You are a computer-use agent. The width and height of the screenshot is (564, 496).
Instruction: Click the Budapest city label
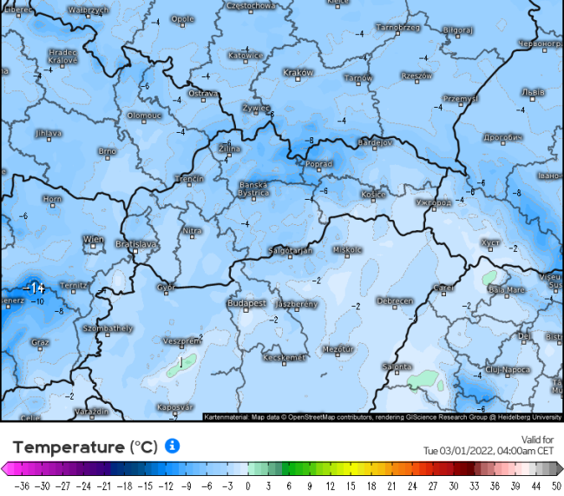click(246, 304)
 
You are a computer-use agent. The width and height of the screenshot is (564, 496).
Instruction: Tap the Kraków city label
click(298, 73)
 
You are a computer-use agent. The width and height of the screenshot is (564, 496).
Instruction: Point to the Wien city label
click(94, 238)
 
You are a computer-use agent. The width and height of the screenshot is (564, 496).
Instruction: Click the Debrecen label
click(395, 301)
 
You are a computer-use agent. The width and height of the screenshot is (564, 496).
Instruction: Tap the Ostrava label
click(203, 93)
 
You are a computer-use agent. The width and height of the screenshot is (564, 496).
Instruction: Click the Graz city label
click(40, 342)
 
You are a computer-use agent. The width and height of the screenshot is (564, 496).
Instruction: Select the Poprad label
click(319, 163)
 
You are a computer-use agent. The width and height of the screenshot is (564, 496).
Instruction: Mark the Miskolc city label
click(347, 250)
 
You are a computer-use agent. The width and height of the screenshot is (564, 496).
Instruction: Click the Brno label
click(107, 151)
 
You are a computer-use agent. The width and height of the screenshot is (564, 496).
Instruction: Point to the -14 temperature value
click(35, 288)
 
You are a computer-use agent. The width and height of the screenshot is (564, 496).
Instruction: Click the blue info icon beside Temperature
click(173, 446)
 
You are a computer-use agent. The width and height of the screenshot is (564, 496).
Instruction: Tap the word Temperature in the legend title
click(69, 447)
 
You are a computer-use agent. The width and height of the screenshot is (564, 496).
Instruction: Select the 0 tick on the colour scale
click(248, 486)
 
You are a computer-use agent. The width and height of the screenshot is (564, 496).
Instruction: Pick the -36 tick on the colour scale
click(23, 486)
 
